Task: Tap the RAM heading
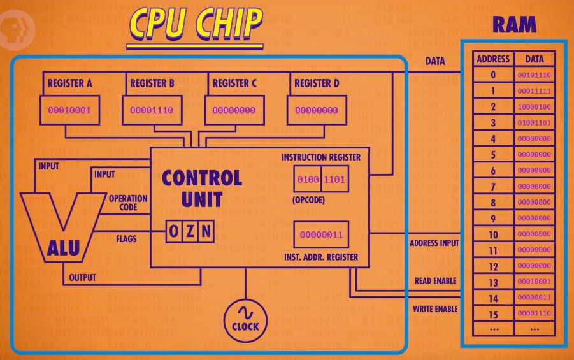[x=514, y=25]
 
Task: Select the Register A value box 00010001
[x=70, y=110]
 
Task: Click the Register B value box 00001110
[x=152, y=110]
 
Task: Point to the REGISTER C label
[x=234, y=83]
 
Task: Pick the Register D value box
[x=316, y=110]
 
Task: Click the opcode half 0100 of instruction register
[x=308, y=179]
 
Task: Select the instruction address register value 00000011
[x=321, y=235]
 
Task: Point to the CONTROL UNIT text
[x=201, y=188]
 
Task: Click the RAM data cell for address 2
[x=534, y=106]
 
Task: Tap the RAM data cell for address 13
[x=534, y=282]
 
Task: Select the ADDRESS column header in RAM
[x=492, y=59]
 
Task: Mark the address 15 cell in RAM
[x=492, y=313]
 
